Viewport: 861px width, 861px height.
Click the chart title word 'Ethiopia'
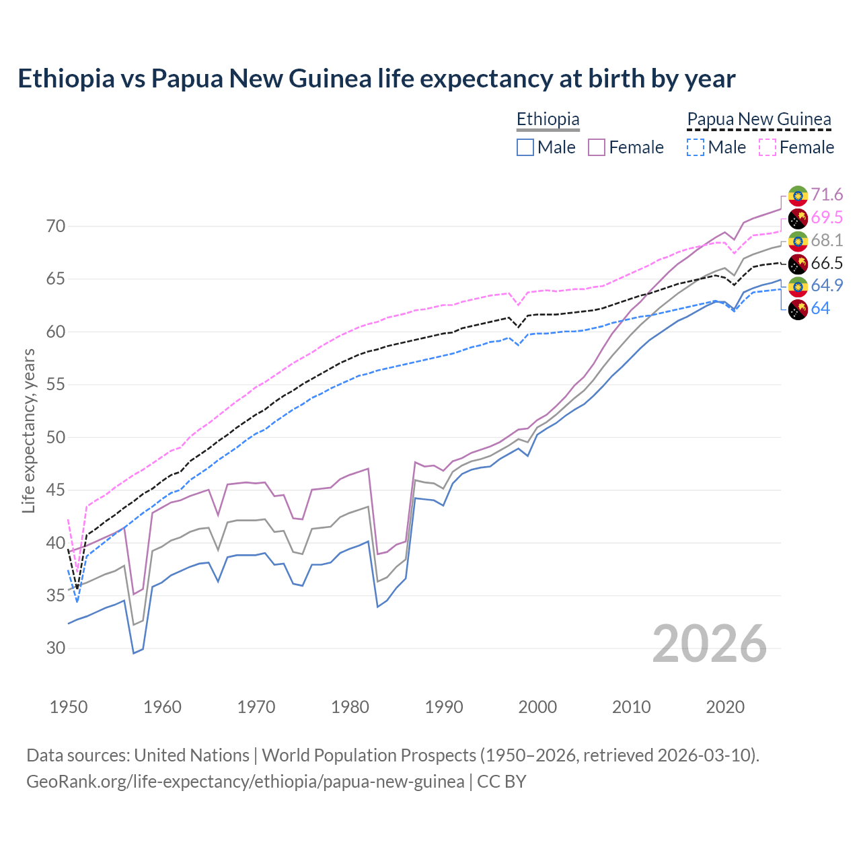tap(66, 79)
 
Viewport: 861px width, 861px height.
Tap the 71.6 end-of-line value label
tap(827, 195)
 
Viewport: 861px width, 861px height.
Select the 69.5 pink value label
tap(827, 218)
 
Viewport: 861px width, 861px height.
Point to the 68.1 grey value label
tap(827, 241)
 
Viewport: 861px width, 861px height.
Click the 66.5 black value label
tap(827, 263)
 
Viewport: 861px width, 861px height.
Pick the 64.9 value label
tap(827, 286)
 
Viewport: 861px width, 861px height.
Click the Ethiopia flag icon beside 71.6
tap(798, 196)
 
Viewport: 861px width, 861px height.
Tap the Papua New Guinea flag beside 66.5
tap(798, 264)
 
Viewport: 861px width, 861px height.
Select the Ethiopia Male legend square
tap(525, 147)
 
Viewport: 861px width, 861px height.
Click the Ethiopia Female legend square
tap(597, 147)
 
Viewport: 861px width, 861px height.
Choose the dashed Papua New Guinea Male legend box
tap(696, 147)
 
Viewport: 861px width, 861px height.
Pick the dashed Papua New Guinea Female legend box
tap(767, 147)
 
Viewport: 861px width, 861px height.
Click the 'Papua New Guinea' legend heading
tap(759, 120)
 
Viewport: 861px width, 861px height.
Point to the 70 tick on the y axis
tap(56, 227)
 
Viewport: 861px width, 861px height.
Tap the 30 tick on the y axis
tap(56, 648)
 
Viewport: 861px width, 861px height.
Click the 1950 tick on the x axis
tap(69, 707)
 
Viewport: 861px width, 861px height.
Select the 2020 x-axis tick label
tap(725, 707)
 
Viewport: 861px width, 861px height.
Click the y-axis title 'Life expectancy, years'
tap(29, 430)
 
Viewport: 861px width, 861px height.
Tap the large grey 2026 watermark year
tap(710, 644)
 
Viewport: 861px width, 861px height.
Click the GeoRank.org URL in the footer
tap(245, 782)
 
